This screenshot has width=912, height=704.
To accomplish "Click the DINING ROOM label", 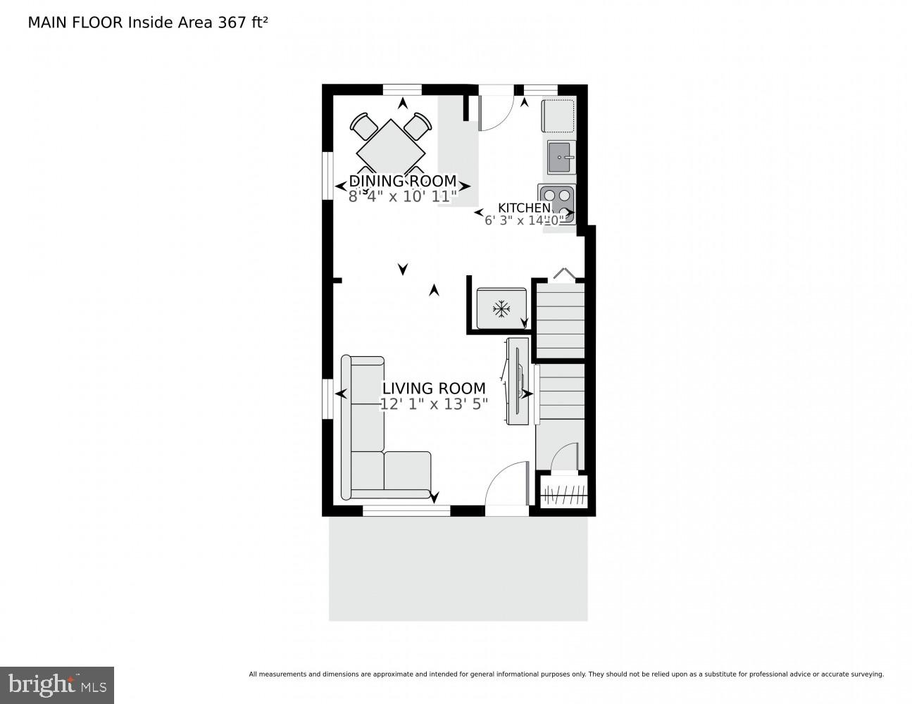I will pos(403,181).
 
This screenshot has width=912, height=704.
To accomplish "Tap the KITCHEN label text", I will pos(524,208).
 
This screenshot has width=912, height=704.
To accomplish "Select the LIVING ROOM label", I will pos(434,388).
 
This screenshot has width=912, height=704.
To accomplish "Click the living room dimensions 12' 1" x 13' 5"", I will pos(434,404).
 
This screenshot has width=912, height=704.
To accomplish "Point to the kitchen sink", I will pos(561,157).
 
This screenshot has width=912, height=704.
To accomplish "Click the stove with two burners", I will pos(556,203).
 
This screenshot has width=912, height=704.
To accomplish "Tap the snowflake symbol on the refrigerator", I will pos(501,308).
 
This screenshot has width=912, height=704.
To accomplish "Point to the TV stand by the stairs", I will pos(518,381).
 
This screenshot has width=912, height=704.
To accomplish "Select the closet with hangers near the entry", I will pos(564,491).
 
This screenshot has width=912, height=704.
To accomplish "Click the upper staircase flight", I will pos(561,320).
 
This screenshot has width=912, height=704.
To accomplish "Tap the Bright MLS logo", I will pos(57,684).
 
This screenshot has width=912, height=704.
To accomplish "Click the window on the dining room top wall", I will pos(402,89).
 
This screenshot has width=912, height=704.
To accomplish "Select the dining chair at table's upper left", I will pos(364,126).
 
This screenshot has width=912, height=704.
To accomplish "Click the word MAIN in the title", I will pos(44,22).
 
